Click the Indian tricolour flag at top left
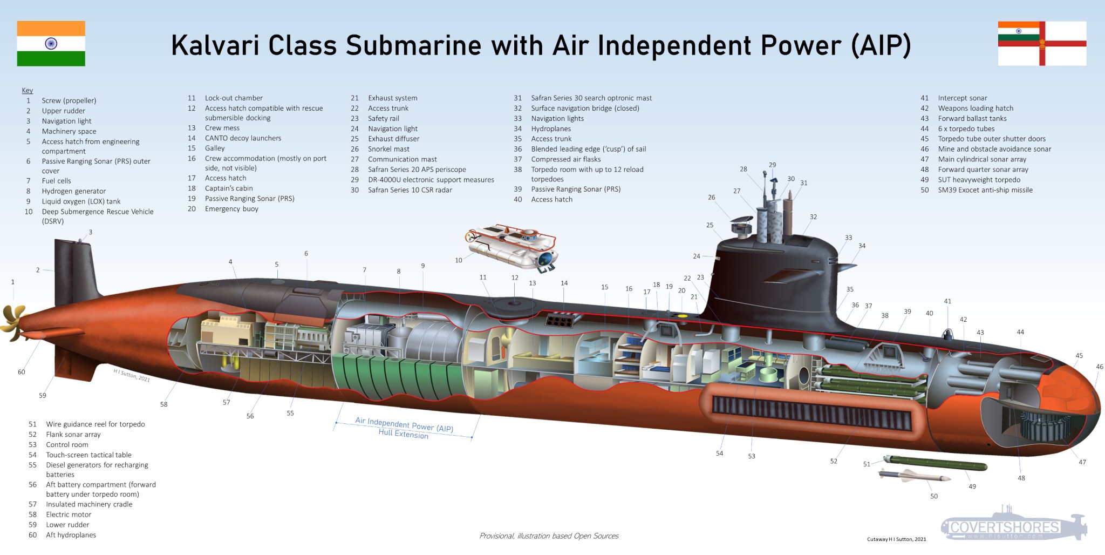click(x=51, y=43)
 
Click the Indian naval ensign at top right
click(x=1041, y=43)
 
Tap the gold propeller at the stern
click(x=13, y=322)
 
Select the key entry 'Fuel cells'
click(x=56, y=181)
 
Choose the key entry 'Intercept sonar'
click(x=962, y=98)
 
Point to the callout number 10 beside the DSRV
click(x=458, y=260)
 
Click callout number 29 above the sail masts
click(x=772, y=165)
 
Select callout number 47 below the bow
click(x=1082, y=462)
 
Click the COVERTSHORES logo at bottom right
click(x=1005, y=526)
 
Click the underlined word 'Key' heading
click(x=27, y=90)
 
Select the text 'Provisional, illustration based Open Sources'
click(x=549, y=536)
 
